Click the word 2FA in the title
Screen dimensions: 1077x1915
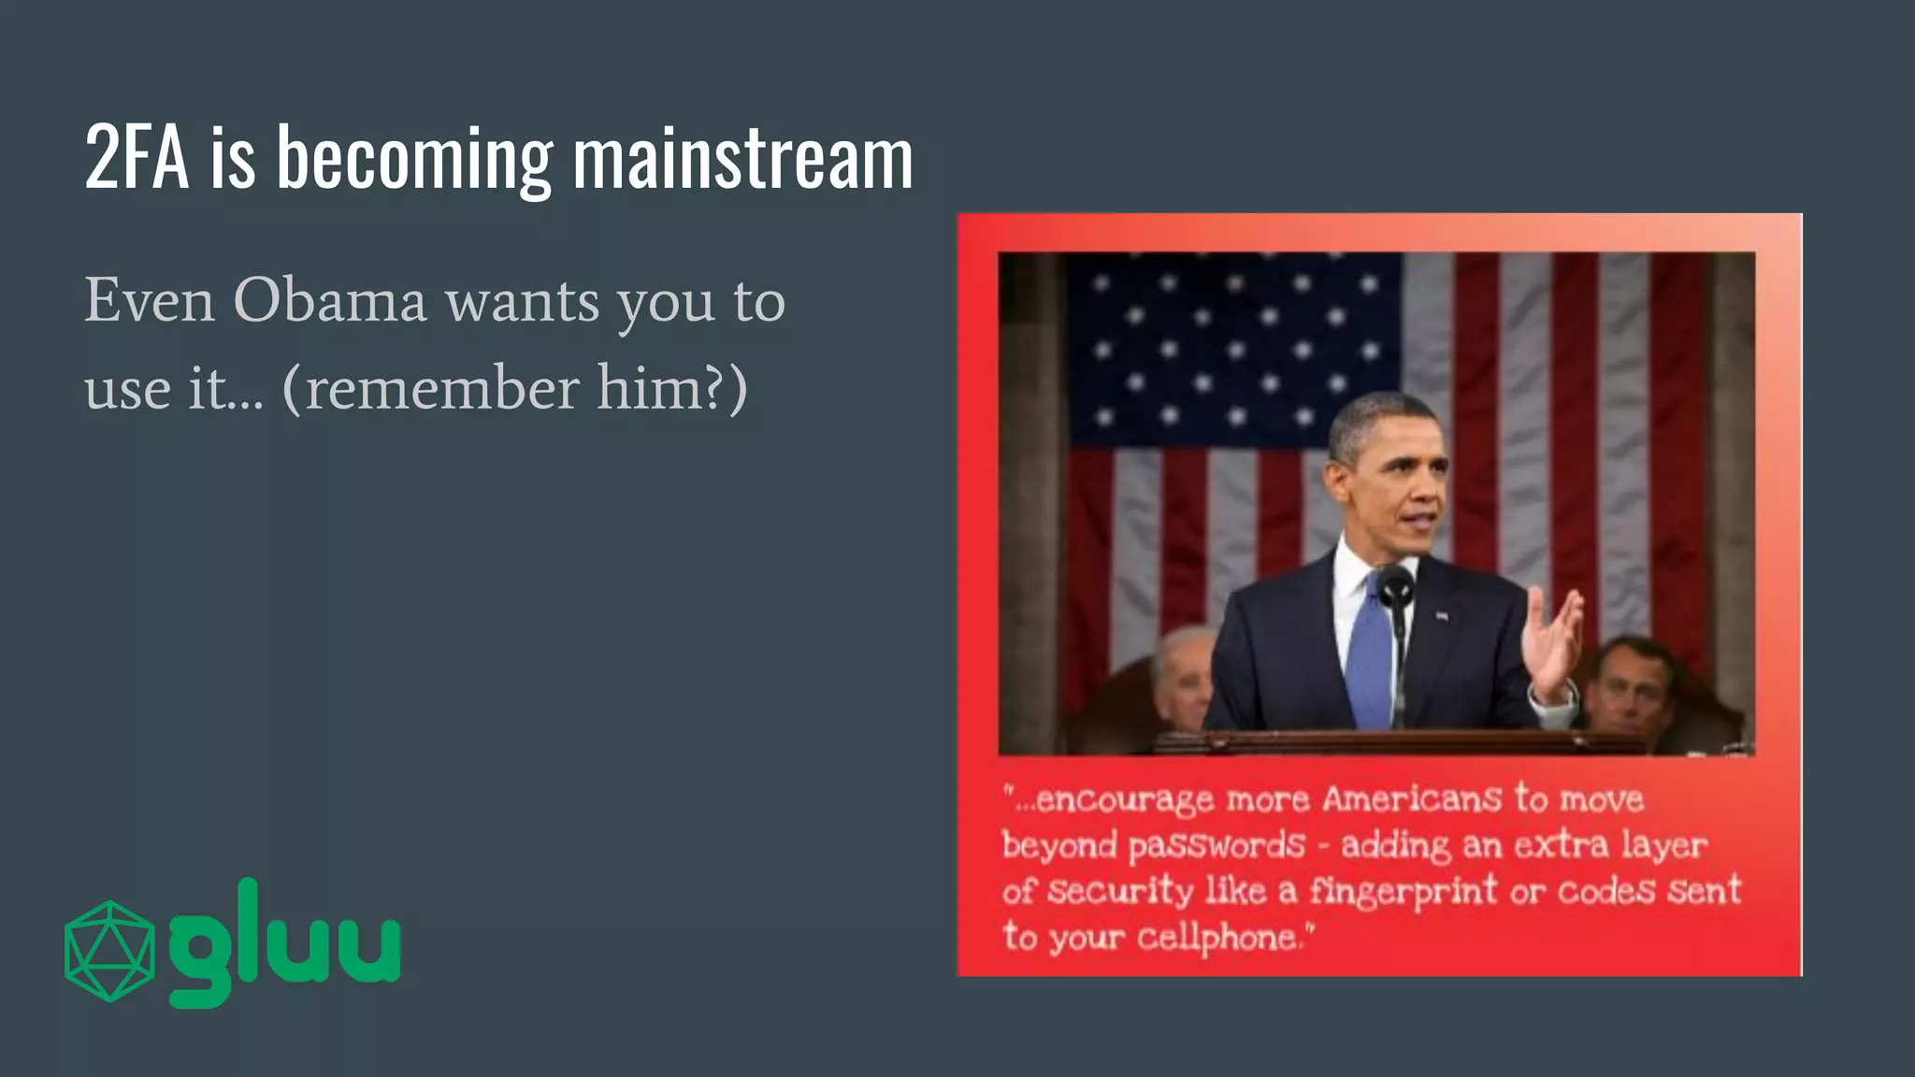pyautogui.click(x=137, y=159)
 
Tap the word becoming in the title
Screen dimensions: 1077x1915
pyautogui.click(x=414, y=161)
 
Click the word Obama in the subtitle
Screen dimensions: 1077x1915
pyautogui.click(x=330, y=301)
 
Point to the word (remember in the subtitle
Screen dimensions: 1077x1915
pyautogui.click(x=430, y=388)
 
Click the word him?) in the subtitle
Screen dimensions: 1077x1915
pyautogui.click(x=672, y=388)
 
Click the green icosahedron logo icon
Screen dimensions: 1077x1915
pyautogui.click(x=109, y=951)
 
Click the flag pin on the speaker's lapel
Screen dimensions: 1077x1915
pyautogui.click(x=1441, y=616)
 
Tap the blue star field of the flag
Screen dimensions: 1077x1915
pyautogui.click(x=1234, y=346)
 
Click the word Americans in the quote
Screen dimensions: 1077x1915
pyautogui.click(x=1411, y=799)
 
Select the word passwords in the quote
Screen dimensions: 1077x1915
pyautogui.click(x=1216, y=846)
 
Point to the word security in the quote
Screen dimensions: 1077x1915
pyautogui.click(x=1119, y=892)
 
